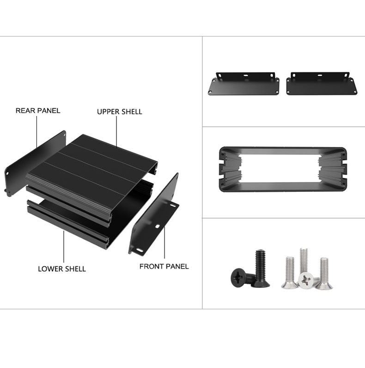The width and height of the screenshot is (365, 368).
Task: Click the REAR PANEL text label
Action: (38, 111)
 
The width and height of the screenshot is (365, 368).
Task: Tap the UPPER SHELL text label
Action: (119, 112)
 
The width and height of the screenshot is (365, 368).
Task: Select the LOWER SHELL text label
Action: (61, 269)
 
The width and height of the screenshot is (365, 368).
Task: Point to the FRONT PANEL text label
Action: (164, 266)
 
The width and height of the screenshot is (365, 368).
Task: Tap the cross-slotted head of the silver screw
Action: (305, 279)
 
